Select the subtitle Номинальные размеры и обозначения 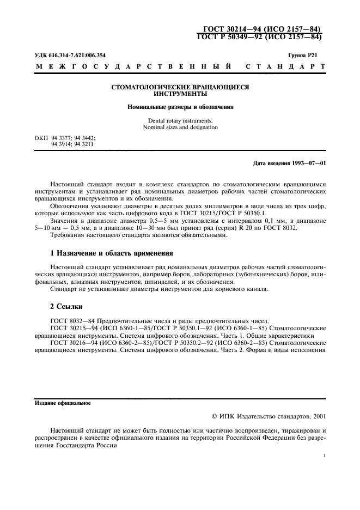[x=180, y=107]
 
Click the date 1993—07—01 [x=308, y=162]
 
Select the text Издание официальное [x=63, y=404]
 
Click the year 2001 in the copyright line [x=317, y=416]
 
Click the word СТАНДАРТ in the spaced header [x=286, y=67]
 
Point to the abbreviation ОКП [x=41, y=139]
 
